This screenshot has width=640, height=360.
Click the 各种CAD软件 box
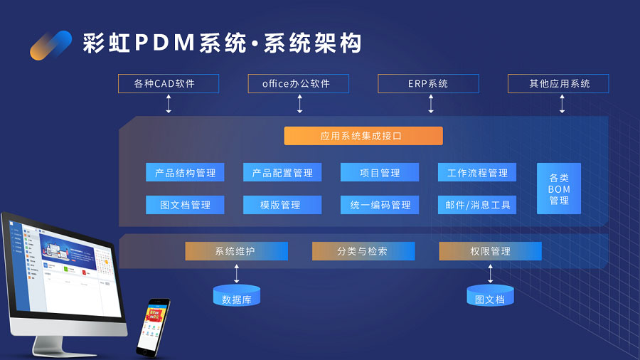pos(169,84)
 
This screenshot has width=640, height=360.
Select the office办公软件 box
pos(299,84)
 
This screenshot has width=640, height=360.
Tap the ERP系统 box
pos(428,84)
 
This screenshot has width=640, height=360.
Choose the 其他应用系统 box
pos(558,84)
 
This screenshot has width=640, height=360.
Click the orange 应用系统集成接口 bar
pos(363,136)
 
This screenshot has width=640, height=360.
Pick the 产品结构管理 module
pos(186,173)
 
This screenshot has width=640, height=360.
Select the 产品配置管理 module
pos(282,173)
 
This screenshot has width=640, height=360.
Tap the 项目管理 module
pos(380,173)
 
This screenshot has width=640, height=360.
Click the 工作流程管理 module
pos(477,173)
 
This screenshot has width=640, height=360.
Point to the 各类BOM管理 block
pos(559,189)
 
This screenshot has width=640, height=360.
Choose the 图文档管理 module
pos(186,205)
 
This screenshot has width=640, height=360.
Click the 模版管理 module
pos(282,205)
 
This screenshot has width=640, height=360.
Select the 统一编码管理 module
pos(380,205)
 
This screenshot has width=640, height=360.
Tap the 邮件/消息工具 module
pos(477,205)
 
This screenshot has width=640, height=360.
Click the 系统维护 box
pos(236,251)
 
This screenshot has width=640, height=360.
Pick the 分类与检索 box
pos(363,251)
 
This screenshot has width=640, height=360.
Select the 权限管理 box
pos(490,251)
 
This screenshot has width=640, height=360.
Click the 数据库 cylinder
pos(237,296)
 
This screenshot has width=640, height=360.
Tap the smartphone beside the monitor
pos(153,327)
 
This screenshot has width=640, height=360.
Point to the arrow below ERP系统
pos(431,104)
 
